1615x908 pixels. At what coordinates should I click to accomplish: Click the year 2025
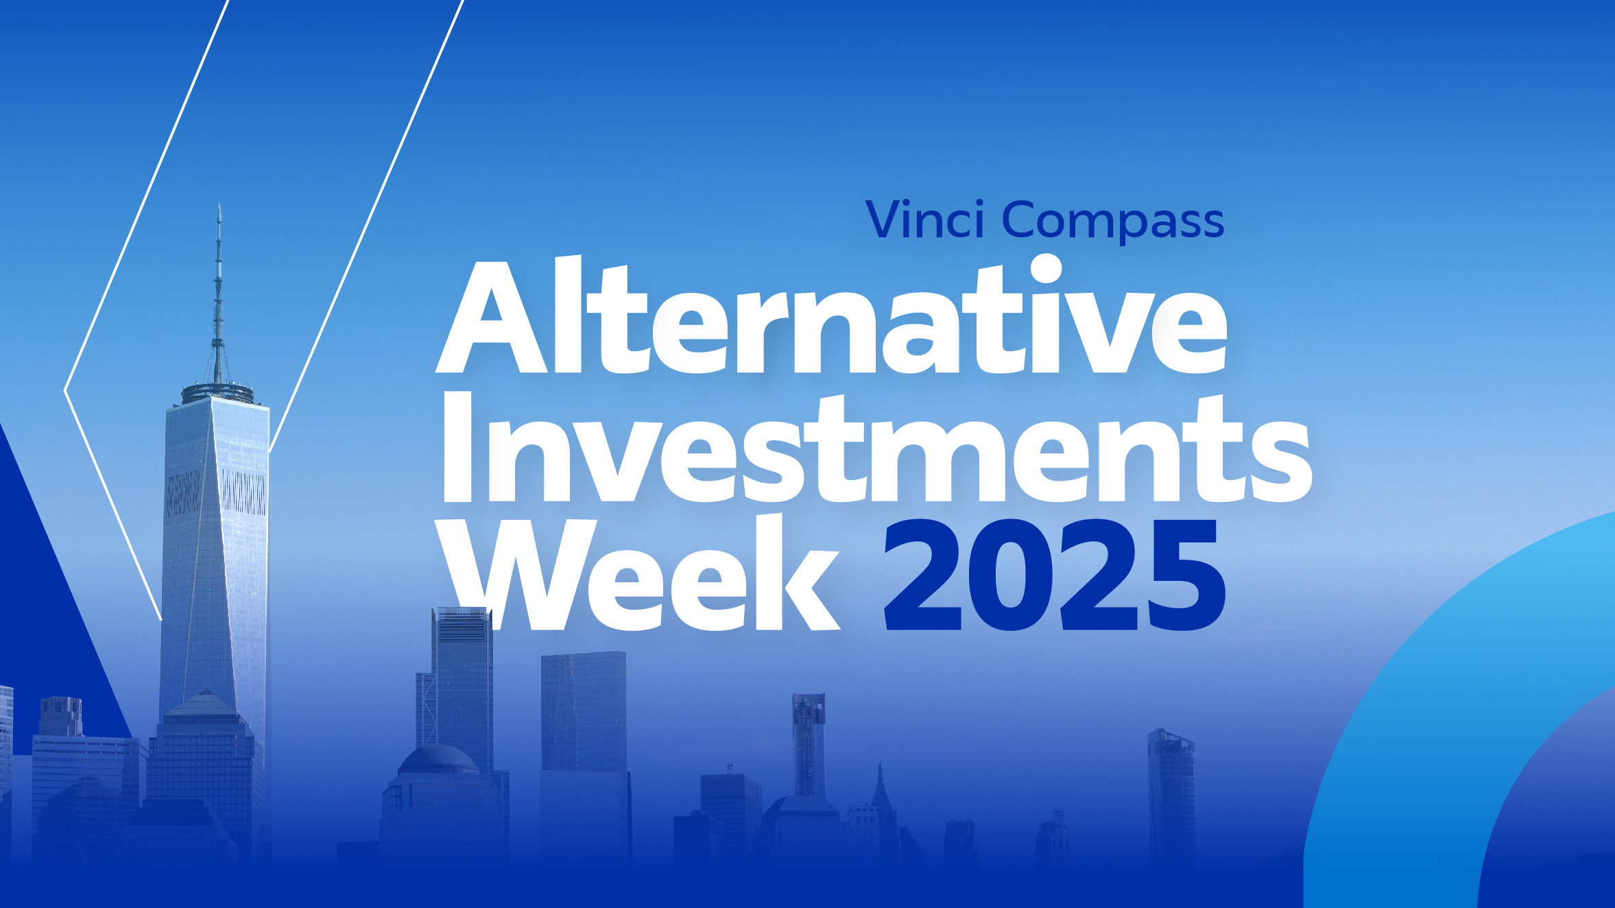point(1055,575)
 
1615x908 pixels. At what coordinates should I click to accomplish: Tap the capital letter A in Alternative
point(492,317)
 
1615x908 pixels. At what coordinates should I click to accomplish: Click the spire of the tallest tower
point(218,295)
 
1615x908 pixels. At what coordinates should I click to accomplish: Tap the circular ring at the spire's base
point(217,393)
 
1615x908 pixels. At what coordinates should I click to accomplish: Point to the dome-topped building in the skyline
point(439,760)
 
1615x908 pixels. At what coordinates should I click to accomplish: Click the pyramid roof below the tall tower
point(204,704)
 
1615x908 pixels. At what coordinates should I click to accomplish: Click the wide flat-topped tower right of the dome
point(584,713)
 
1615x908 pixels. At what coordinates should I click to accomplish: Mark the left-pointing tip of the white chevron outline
point(65,391)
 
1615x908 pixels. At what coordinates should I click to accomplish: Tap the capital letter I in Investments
point(457,448)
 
